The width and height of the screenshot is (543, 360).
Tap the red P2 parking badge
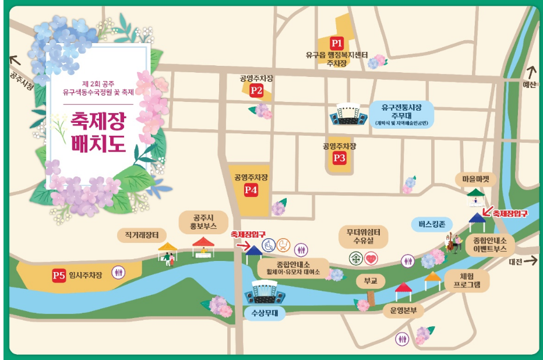click(256, 90)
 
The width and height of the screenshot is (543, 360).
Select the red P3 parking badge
click(340, 157)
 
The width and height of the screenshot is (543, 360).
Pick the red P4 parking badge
click(251, 189)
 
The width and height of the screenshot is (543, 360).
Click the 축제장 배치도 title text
click(98, 132)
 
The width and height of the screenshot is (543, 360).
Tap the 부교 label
click(371, 281)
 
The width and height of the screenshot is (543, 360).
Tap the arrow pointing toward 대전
click(530, 262)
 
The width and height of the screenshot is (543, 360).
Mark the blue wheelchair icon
click(268, 245)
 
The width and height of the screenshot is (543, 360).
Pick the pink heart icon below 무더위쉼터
click(372, 257)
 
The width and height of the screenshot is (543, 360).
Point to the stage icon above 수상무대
click(266, 292)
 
